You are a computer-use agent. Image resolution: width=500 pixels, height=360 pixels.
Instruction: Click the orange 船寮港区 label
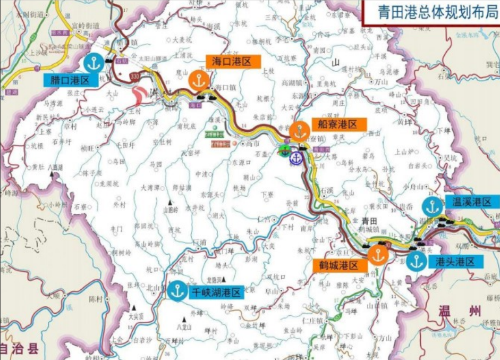tap(338, 124)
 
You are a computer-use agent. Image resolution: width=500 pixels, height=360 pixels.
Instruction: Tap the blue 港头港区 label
tap(456, 261)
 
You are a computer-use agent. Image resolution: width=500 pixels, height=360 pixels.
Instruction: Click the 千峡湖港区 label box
tap(216, 291)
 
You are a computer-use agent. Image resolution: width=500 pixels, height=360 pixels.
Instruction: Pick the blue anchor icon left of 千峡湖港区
tap(177, 290)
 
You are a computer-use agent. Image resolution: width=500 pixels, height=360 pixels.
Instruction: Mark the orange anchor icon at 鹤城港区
tap(378, 255)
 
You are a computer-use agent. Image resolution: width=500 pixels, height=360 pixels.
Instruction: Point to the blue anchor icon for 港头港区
tap(417, 262)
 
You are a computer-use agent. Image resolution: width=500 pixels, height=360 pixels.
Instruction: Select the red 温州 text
tap(459, 311)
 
